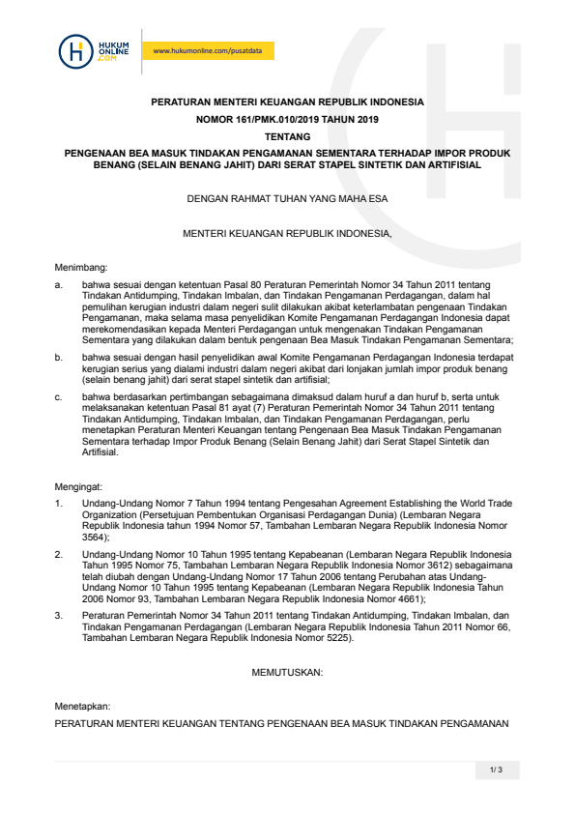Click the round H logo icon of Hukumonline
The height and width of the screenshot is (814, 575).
74,50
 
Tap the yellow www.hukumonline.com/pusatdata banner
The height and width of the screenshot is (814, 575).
208,51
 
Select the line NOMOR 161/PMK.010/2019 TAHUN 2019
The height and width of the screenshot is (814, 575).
287,119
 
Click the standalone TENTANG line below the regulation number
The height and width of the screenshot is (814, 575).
287,136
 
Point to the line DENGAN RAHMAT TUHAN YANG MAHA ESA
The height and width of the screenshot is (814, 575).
287,199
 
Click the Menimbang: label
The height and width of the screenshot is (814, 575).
80,266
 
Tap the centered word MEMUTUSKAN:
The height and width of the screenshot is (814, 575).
287,670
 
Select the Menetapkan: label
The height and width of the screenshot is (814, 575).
82,706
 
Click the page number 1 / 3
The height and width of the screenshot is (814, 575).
497,770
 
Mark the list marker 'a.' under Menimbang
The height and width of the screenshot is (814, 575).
59,284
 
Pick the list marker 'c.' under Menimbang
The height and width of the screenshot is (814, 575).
59,396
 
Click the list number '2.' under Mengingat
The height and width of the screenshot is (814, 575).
59,555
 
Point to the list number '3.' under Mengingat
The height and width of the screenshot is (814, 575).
59,615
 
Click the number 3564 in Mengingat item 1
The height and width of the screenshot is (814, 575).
94,537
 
